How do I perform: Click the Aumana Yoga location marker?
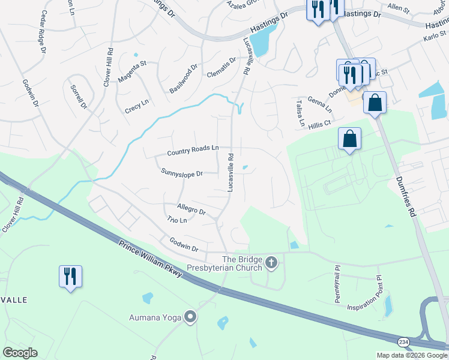(x=191, y=317)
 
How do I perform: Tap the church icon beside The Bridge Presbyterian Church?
(x=271, y=262)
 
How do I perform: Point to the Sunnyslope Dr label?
(x=182, y=173)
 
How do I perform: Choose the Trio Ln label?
(x=177, y=220)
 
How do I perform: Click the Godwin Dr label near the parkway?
(x=184, y=245)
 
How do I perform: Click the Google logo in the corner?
(x=20, y=353)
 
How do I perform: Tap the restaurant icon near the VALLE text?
(x=70, y=276)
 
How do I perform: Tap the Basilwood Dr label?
(x=183, y=78)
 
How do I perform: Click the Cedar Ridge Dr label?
(x=43, y=32)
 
